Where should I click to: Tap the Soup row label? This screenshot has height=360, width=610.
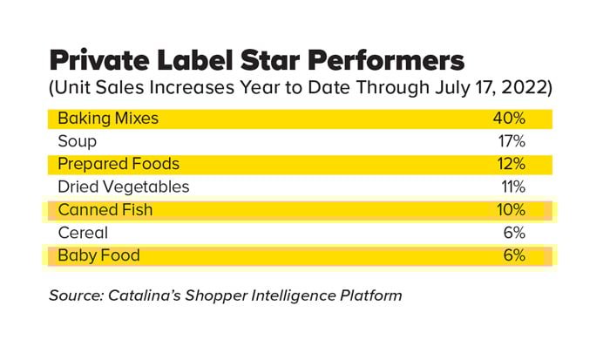(77, 141)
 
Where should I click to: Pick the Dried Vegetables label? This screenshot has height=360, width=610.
(123, 187)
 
